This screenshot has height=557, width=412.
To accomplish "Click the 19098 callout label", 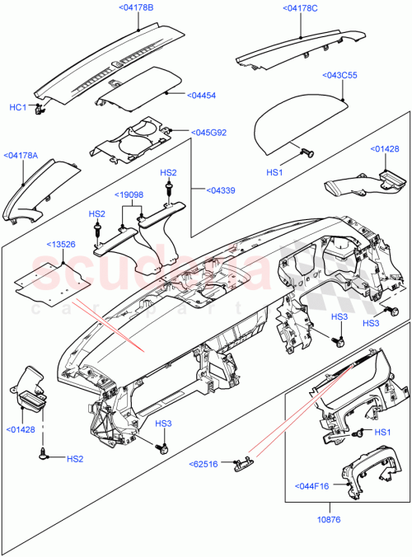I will (x=131, y=195).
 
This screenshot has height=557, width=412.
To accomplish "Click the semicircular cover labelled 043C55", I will (x=297, y=126).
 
